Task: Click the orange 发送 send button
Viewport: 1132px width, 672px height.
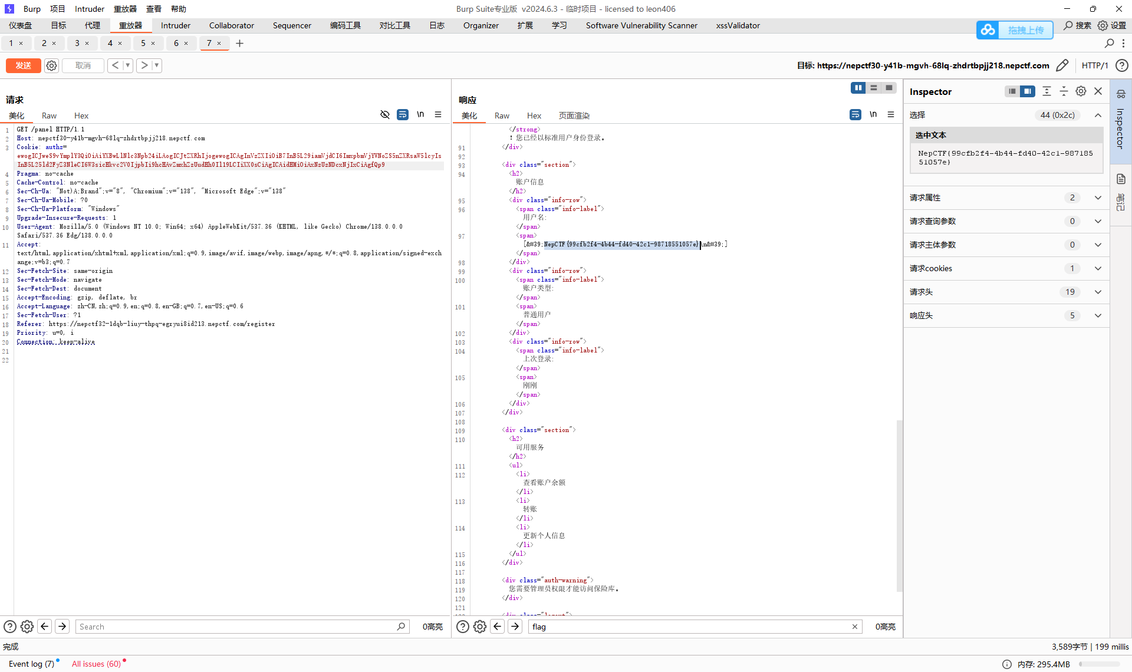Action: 24,65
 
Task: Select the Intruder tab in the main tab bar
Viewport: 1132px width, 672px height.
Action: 176,25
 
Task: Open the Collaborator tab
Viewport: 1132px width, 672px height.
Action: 231,25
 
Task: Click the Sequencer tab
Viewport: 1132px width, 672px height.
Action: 292,25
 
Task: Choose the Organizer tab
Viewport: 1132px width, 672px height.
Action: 481,25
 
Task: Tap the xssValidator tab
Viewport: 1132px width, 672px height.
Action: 738,25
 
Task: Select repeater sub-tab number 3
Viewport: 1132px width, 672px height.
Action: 77,43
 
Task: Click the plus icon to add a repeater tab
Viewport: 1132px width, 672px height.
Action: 239,43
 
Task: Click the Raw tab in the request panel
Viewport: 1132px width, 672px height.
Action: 49,116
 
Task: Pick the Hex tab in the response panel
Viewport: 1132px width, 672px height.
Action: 534,116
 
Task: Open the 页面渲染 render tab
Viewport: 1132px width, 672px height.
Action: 574,116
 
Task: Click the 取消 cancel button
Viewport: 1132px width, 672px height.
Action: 83,65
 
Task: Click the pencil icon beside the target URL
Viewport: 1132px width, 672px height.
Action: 1062,65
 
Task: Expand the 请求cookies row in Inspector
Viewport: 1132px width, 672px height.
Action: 1098,268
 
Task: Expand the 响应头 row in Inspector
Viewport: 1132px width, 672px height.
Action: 1098,315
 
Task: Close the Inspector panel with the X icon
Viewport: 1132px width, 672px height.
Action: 1098,91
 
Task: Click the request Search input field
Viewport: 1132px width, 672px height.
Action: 236,627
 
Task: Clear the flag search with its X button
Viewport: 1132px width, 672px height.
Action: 854,627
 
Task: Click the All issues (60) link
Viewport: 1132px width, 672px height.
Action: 96,664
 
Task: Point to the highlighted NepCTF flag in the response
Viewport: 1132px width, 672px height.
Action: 621,244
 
